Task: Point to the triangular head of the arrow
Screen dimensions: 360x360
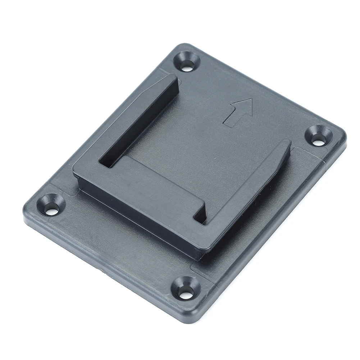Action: pos(244,106)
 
